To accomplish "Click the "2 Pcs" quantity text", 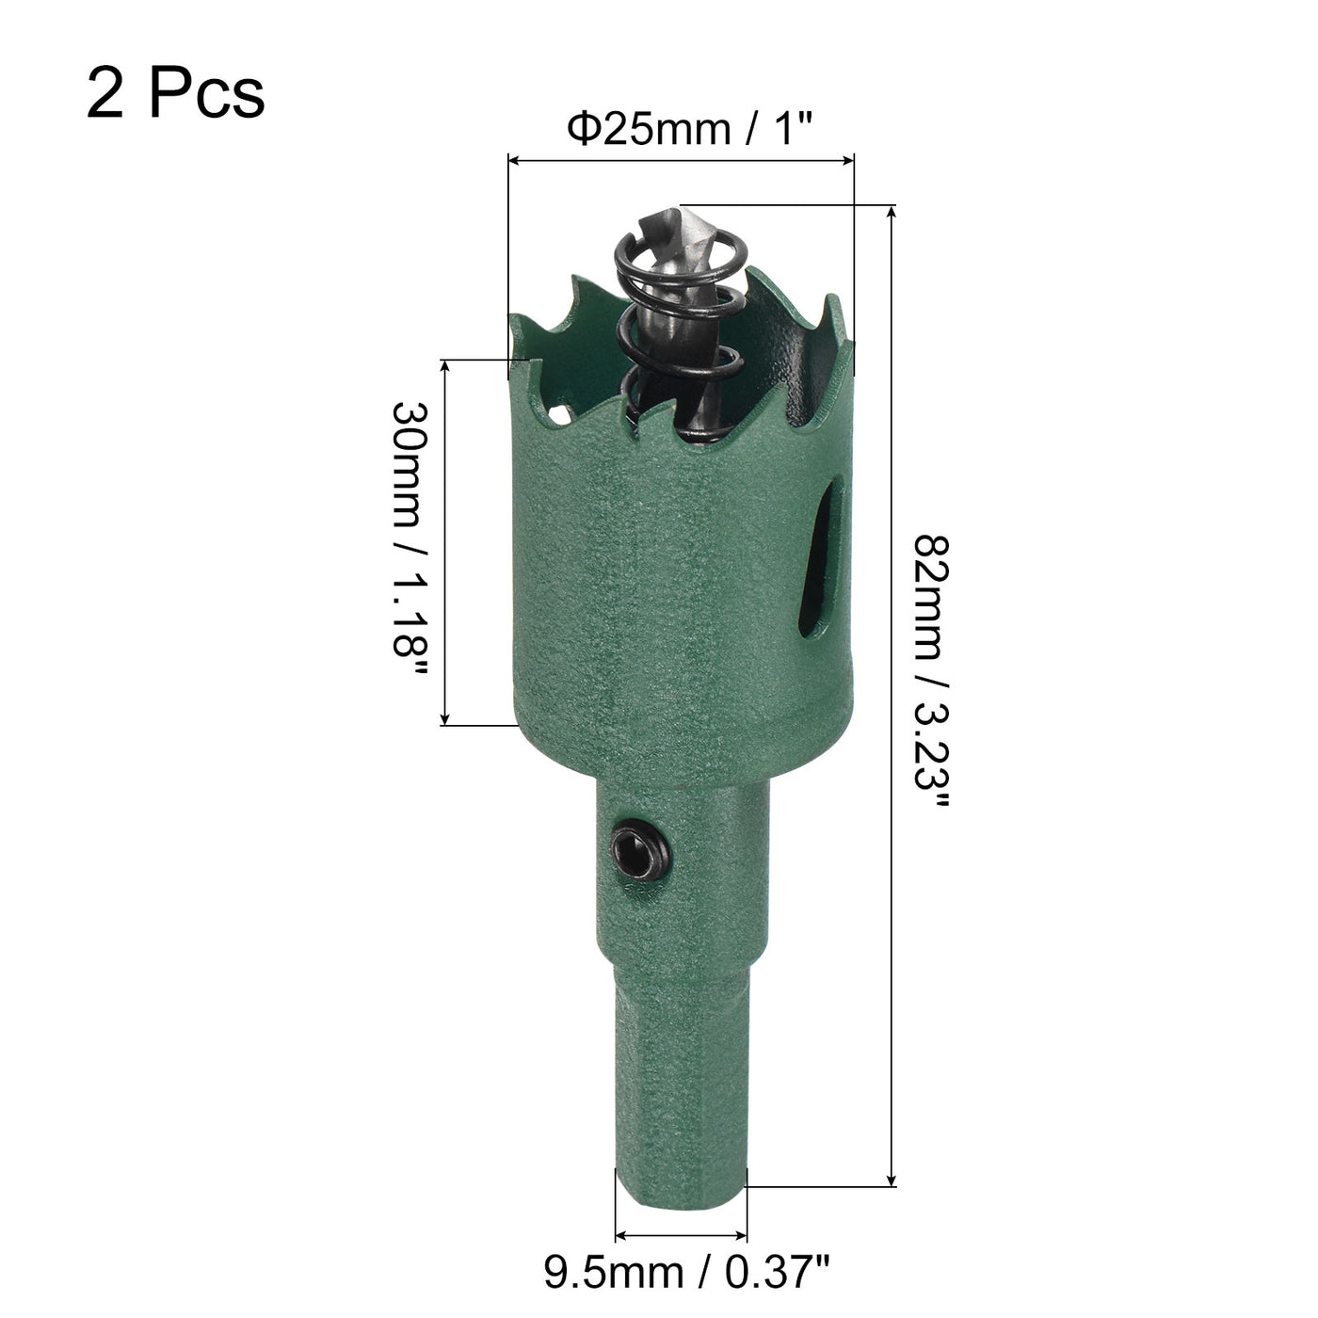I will pyautogui.click(x=175, y=93).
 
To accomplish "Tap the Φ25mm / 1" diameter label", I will pyautogui.click(x=690, y=129).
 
